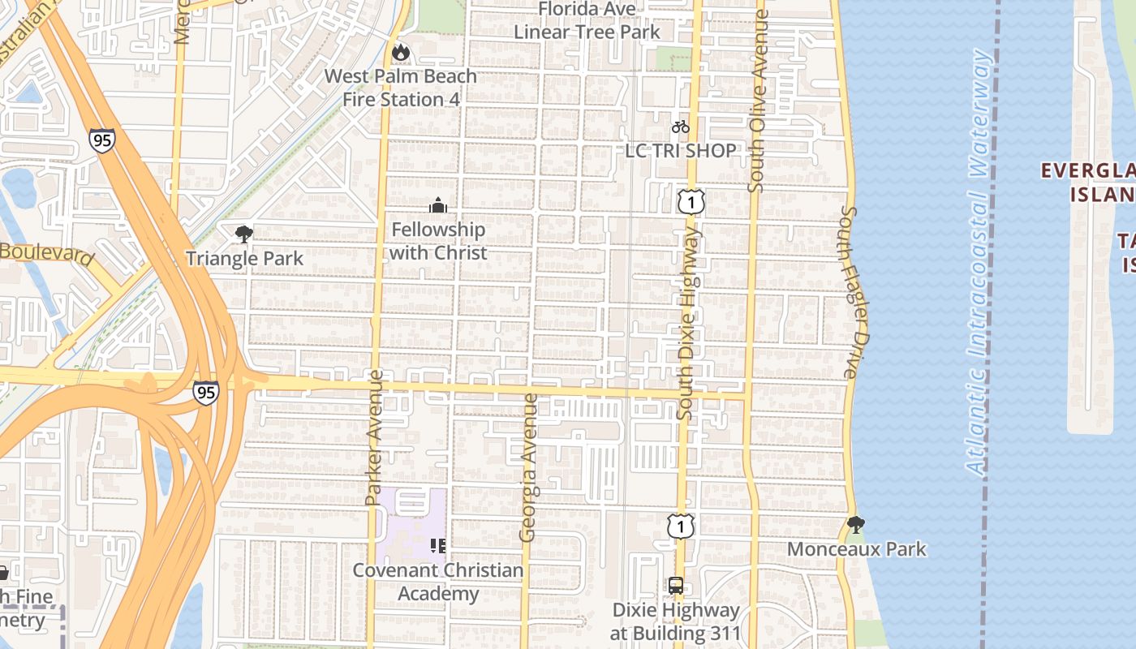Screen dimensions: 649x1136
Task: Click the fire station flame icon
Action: click(400, 53)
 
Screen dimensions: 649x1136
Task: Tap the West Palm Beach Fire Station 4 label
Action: click(401, 88)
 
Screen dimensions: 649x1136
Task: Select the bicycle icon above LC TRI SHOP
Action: click(681, 127)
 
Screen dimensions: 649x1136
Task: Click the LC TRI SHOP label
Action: click(681, 150)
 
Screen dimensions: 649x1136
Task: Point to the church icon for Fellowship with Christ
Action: click(438, 205)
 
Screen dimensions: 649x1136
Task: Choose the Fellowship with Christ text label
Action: click(438, 241)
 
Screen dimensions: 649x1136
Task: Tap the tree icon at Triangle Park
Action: click(243, 235)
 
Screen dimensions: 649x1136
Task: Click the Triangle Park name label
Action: click(244, 259)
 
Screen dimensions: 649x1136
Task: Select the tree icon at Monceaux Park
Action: click(855, 525)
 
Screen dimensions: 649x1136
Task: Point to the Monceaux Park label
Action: click(857, 549)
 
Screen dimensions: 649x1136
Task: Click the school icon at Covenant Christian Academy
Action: click(438, 545)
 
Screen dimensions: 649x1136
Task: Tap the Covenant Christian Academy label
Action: click(438, 582)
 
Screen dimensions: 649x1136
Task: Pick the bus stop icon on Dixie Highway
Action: click(676, 586)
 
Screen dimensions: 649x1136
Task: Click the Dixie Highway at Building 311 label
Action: click(676, 621)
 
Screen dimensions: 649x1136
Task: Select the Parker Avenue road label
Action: click(374, 438)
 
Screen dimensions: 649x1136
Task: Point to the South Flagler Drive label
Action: click(849, 292)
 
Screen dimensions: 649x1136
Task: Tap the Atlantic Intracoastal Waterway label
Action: click(980, 260)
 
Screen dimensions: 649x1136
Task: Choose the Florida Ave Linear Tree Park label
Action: click(587, 20)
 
